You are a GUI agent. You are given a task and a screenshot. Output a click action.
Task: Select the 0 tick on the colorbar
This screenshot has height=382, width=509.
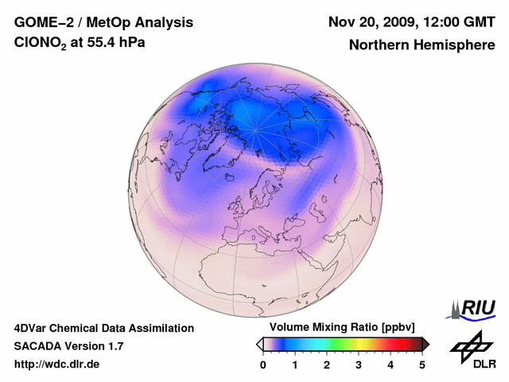click(x=263, y=364)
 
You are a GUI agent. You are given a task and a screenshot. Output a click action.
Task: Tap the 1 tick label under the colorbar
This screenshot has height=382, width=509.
click(x=295, y=364)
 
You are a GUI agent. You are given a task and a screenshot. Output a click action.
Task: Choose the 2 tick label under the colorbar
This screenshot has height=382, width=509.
click(x=327, y=364)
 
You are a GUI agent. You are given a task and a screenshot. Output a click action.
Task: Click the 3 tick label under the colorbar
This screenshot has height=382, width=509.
click(x=359, y=364)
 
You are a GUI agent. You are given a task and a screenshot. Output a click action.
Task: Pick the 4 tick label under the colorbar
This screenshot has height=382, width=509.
click(x=390, y=364)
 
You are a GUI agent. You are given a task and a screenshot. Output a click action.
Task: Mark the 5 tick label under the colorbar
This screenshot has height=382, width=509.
click(x=422, y=364)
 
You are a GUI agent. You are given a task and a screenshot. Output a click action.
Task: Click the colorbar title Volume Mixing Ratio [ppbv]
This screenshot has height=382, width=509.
click(x=343, y=328)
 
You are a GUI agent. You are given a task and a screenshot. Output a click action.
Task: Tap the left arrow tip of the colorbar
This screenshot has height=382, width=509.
click(x=259, y=344)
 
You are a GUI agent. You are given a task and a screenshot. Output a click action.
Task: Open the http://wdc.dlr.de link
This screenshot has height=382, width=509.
click(x=56, y=364)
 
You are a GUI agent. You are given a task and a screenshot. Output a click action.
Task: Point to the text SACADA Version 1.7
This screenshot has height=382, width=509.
click(x=68, y=346)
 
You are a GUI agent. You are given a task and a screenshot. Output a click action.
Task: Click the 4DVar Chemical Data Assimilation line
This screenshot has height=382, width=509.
click(x=103, y=328)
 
